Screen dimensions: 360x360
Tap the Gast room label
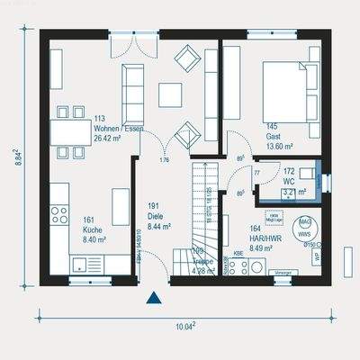(x=274, y=137)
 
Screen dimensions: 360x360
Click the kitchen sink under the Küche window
(x=85, y=264)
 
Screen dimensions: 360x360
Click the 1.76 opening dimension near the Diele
(x=164, y=161)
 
